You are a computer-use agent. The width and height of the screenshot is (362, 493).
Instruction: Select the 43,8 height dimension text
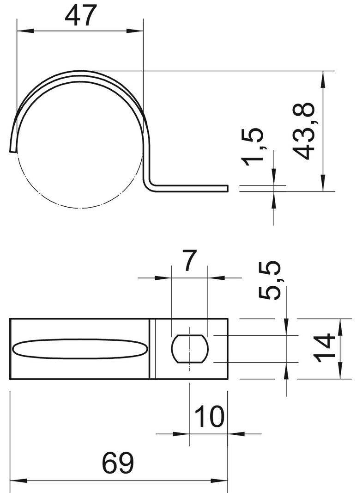304,131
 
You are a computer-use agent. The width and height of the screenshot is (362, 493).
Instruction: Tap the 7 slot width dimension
189,262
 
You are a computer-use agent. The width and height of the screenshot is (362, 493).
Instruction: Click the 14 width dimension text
325,348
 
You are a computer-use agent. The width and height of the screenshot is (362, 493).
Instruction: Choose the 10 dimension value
210,417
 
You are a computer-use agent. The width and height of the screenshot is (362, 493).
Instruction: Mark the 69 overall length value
117,463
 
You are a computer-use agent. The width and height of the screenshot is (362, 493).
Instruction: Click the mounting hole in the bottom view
190,348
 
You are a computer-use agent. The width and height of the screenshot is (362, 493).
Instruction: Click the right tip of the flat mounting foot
227,188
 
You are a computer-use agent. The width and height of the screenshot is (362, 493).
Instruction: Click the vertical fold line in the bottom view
151,348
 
